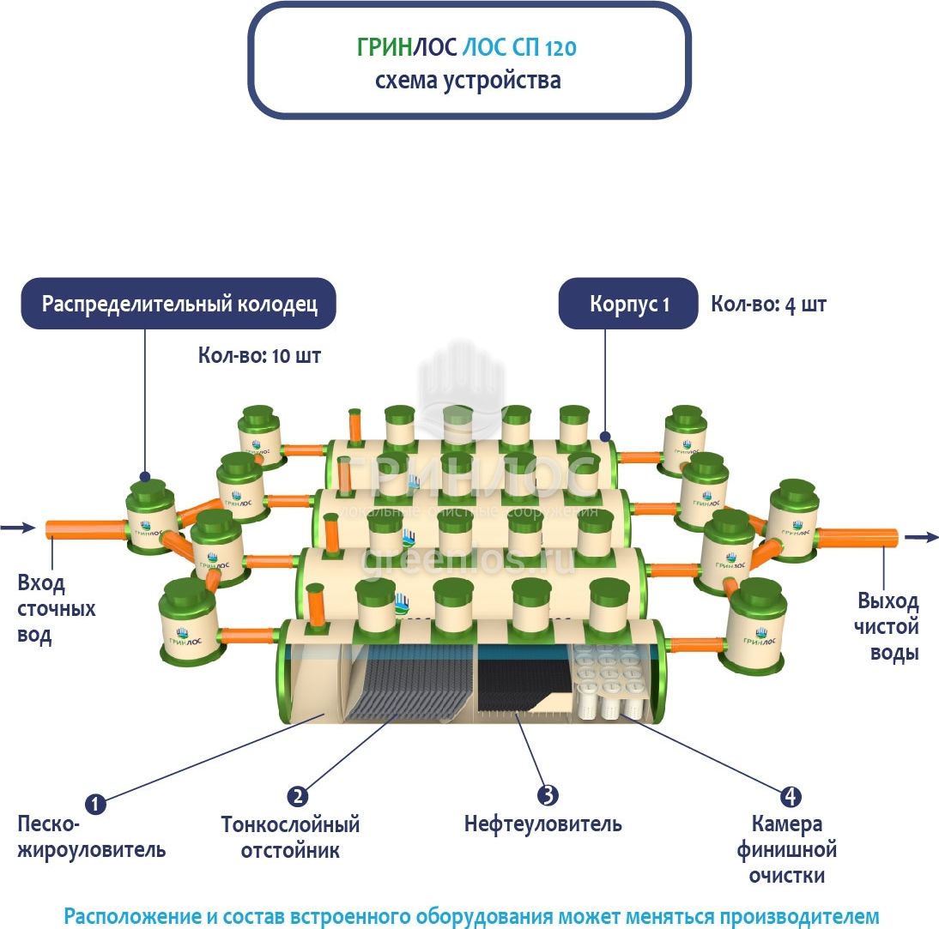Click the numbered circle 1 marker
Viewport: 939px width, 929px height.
coord(95,804)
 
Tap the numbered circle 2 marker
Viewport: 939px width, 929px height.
coord(298,796)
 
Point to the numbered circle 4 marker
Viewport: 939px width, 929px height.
coord(790,796)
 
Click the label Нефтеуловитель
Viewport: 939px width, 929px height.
coord(542,824)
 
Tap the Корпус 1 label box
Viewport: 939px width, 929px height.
coord(628,304)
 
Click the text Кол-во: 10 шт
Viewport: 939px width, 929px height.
coord(259,355)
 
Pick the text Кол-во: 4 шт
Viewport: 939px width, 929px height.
coord(768,304)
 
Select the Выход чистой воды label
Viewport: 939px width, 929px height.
coord(887,626)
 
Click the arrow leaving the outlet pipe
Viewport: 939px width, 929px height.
coord(921,537)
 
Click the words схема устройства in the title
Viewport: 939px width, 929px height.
coord(468,81)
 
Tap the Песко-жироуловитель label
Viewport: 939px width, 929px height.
coord(91,838)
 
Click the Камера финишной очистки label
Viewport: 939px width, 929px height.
coord(786,850)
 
